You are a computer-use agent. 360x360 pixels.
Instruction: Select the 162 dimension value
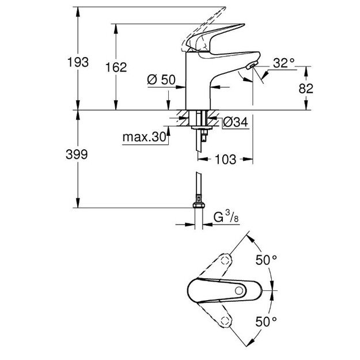pos(116,67)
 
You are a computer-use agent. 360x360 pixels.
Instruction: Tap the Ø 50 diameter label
pos(161,81)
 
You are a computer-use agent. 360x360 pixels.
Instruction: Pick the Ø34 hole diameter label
pos(234,122)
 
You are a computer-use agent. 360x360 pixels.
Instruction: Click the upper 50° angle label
pos(266,260)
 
